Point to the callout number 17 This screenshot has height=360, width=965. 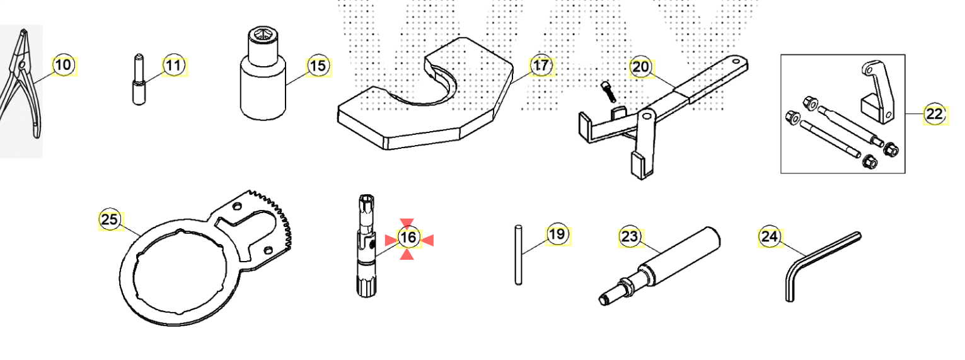(x=540, y=65)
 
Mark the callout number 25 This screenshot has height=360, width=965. (x=110, y=219)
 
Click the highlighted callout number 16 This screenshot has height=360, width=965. (x=408, y=238)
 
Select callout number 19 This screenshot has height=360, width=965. (x=557, y=235)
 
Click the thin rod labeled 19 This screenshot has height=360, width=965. (x=518, y=255)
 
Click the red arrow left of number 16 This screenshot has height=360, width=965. (x=390, y=239)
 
